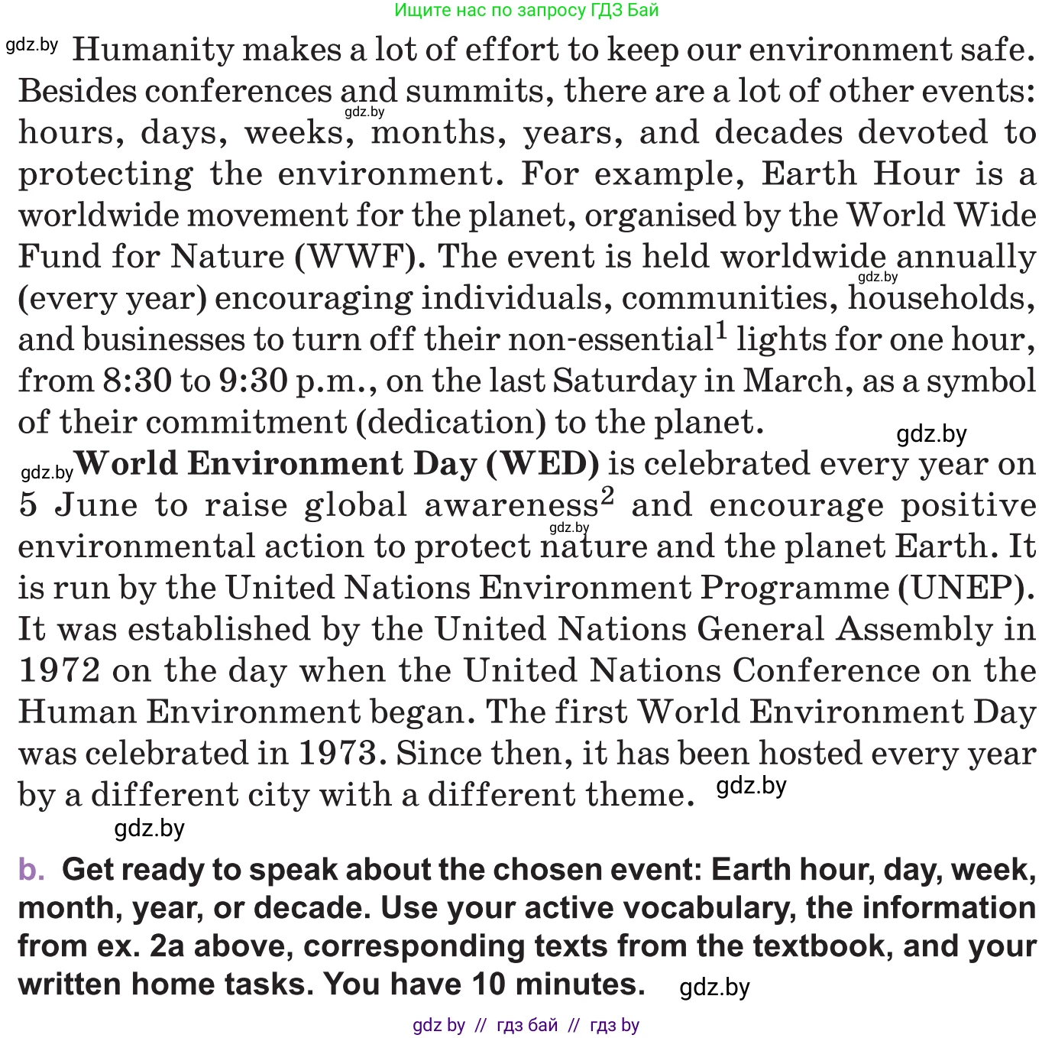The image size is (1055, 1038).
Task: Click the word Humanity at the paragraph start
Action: point(153,50)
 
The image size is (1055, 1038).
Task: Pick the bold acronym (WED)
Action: point(542,464)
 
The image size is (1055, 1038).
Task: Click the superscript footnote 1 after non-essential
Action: point(721,332)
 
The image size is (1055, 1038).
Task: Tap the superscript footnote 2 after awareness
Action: point(607,497)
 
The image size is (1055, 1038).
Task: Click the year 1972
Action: point(60,671)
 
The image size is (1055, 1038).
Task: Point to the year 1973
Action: point(338,754)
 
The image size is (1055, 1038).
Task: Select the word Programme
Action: point(794,588)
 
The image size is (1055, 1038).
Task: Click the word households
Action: point(941,298)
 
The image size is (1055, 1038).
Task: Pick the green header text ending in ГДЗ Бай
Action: point(526,10)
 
